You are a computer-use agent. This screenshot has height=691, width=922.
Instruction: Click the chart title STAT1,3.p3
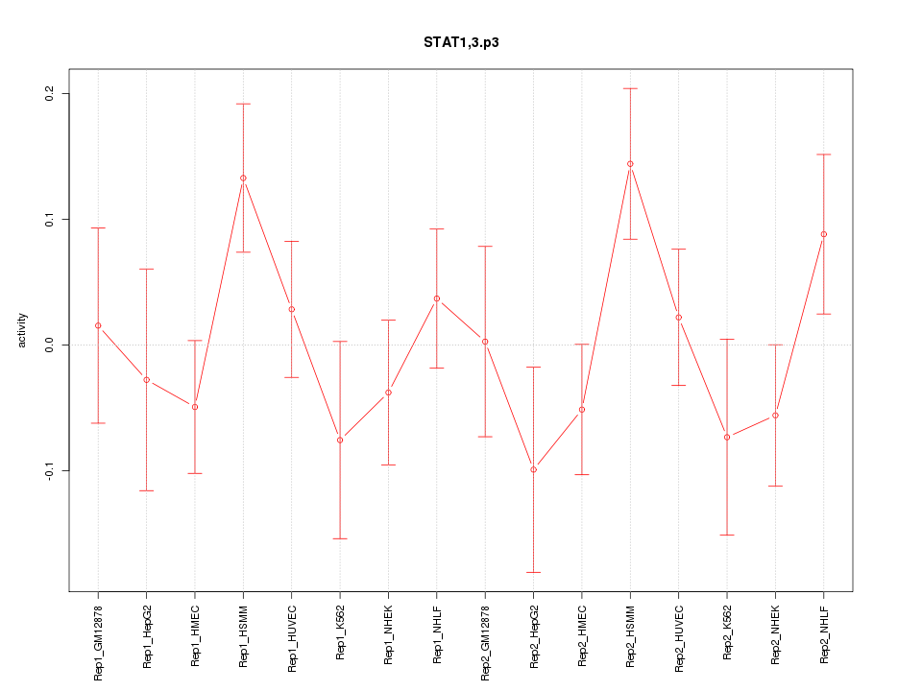point(461,43)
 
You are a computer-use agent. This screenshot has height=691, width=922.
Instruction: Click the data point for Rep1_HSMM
point(243,178)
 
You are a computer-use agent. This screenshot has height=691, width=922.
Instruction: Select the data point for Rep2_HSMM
point(630,164)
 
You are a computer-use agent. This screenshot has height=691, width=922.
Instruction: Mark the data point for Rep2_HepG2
point(533,469)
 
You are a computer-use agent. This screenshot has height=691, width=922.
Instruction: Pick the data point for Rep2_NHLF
point(823,234)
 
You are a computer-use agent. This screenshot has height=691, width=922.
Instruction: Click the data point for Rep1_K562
point(340,440)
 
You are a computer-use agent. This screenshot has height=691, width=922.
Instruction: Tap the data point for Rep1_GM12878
point(98,325)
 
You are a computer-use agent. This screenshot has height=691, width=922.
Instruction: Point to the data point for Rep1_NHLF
point(437,298)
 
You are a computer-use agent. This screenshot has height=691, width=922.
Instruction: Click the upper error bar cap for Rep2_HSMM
point(630,88)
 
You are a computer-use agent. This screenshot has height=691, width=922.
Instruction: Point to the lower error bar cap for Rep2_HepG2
point(533,572)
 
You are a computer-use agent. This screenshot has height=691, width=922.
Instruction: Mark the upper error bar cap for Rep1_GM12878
point(98,227)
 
